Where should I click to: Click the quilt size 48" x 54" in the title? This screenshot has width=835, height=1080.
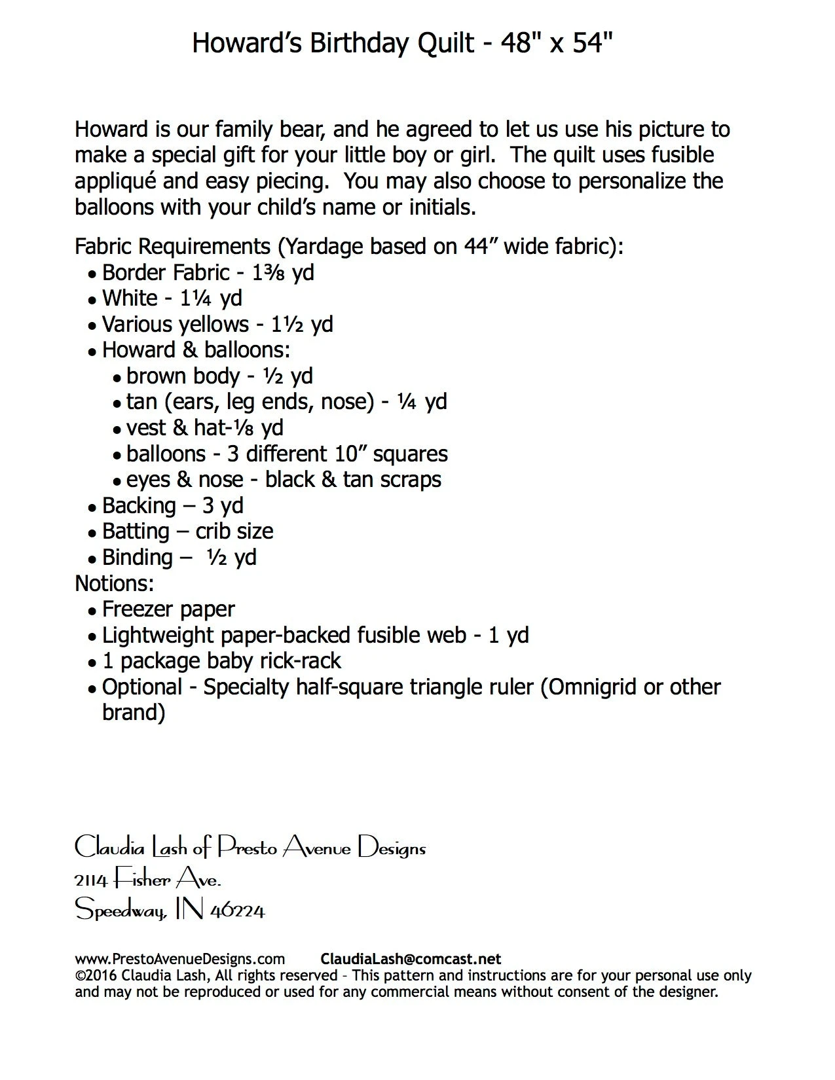[557, 43]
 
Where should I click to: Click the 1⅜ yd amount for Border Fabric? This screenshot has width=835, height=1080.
[283, 272]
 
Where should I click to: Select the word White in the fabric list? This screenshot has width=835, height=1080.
[130, 298]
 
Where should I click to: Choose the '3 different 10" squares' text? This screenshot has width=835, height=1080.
[337, 454]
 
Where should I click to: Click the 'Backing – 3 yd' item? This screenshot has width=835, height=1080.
[173, 506]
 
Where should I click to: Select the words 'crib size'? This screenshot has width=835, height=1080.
[234, 531]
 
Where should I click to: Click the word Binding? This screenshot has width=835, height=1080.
[138, 558]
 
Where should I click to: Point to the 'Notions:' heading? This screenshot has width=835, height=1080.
[115, 583]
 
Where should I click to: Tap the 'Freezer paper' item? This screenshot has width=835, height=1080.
[168, 609]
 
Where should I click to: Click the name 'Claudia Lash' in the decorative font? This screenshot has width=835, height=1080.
[131, 848]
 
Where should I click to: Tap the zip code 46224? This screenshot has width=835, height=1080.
[237, 910]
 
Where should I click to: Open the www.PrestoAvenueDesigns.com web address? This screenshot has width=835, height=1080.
[180, 960]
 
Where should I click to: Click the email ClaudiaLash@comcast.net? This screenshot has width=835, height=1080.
[411, 960]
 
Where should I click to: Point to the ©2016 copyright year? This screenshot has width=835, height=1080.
[96, 976]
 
